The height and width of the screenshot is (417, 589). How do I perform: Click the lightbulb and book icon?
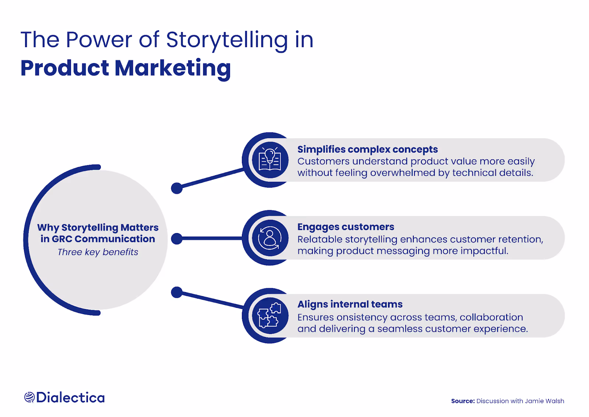(x=270, y=160)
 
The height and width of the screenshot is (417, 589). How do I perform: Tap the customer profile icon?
(x=270, y=238)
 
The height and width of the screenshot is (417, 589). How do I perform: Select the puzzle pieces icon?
(x=270, y=316)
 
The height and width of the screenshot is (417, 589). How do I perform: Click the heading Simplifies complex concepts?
(x=367, y=149)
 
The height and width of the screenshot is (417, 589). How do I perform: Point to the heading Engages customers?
(x=346, y=227)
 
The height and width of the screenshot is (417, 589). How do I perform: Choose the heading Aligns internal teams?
(x=350, y=304)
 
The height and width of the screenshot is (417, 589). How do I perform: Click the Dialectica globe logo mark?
(x=29, y=397)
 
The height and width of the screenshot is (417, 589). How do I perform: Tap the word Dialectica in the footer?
(x=70, y=397)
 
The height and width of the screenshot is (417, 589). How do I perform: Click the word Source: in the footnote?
(x=463, y=401)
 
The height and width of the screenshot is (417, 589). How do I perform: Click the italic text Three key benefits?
(x=98, y=252)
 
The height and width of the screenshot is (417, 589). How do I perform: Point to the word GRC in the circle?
(x=62, y=239)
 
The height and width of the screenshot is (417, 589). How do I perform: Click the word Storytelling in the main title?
(x=227, y=40)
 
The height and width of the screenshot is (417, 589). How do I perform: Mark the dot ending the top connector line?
(x=177, y=188)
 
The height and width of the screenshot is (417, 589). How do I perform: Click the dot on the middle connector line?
(x=177, y=239)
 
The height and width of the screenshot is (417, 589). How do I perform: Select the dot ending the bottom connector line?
(x=177, y=292)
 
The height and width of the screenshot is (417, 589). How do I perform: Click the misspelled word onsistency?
(x=361, y=317)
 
